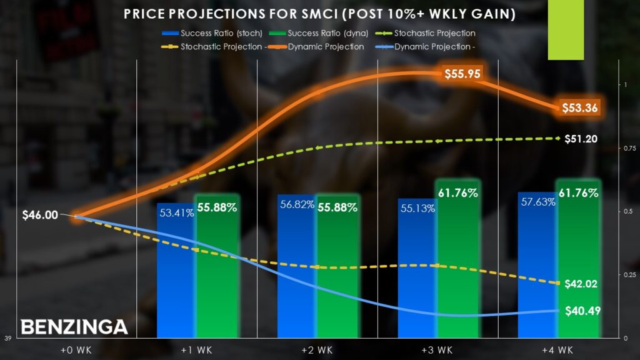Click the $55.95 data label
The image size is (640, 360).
click(x=462, y=74)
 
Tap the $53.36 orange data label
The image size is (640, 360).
click(x=579, y=107)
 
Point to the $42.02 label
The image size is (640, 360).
click(x=581, y=283)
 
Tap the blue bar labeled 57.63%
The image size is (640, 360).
click(x=537, y=269)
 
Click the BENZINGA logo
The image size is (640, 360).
click(x=74, y=326)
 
